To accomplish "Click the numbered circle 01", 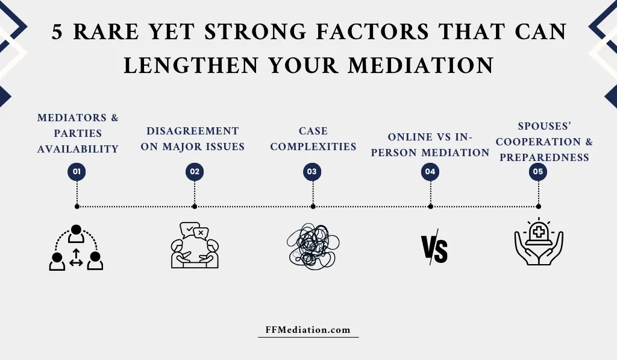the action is [x=77, y=172].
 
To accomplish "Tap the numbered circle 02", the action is [x=195, y=172].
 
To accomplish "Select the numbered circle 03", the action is [x=312, y=172].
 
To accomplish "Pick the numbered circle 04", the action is [x=430, y=172].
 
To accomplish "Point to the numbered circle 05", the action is [x=538, y=172].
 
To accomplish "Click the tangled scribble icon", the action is [x=313, y=246].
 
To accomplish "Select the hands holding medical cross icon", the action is [x=539, y=241].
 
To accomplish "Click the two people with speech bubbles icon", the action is [x=195, y=245].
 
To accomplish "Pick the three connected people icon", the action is [x=76, y=247].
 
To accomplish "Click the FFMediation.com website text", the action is [x=308, y=330].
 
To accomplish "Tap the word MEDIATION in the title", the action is [x=421, y=65].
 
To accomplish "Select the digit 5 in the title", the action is [x=57, y=32].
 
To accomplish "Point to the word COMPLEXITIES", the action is [x=313, y=147].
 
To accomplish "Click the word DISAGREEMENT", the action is [x=193, y=131].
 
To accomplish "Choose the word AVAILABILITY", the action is [x=78, y=150].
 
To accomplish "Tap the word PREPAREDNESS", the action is [x=545, y=157].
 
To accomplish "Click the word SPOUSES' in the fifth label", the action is [x=545, y=126].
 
